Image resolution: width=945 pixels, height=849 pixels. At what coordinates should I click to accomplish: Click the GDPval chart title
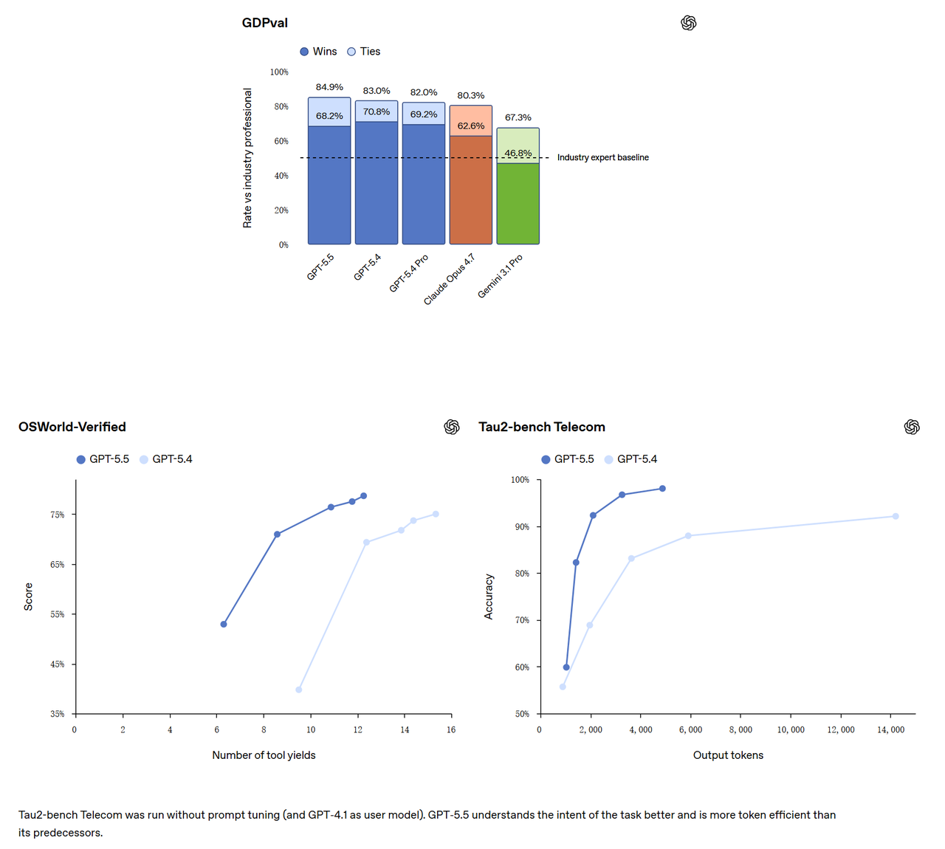coord(264,23)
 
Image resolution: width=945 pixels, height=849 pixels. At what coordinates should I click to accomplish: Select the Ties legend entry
coord(364,52)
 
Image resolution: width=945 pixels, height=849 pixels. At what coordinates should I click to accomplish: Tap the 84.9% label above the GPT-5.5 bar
coord(329,87)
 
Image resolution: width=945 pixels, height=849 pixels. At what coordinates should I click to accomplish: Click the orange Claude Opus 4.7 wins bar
coord(470,190)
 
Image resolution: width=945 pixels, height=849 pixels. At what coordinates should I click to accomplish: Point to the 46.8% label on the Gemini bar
coord(518,153)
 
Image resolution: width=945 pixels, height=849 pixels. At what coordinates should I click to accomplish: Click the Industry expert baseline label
coord(602,158)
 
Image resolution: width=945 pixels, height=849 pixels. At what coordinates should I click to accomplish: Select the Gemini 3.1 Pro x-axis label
coord(500,276)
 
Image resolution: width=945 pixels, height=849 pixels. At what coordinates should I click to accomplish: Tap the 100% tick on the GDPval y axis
coord(279,72)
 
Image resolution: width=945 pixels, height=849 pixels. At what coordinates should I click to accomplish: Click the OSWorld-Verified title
coord(72,427)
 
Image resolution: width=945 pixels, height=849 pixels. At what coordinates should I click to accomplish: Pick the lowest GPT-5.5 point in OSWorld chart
coord(224,624)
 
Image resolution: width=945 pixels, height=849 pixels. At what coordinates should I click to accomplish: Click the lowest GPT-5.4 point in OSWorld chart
coord(298,690)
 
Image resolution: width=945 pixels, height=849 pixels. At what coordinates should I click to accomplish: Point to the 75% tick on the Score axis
coord(58,515)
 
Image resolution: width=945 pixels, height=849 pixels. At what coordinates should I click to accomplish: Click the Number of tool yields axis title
coord(264,755)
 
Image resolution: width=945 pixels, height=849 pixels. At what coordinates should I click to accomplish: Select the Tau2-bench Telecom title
coord(542,427)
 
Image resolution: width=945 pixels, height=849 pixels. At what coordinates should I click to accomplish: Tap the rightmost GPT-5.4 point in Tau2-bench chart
coord(895,516)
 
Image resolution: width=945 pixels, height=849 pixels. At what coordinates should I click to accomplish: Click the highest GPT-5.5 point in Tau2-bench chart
coord(662,489)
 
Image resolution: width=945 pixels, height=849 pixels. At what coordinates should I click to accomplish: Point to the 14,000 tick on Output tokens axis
coord(890,730)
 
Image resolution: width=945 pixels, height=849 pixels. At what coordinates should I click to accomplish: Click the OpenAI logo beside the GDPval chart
coord(689,23)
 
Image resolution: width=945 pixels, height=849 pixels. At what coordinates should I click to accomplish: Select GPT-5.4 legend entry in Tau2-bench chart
coord(630,459)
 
